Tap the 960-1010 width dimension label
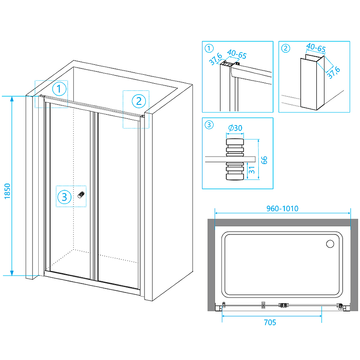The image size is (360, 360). [x=282, y=208]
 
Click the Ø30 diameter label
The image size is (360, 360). [x=235, y=128]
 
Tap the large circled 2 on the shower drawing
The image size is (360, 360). [x=139, y=100]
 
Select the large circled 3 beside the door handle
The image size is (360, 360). [x=65, y=197]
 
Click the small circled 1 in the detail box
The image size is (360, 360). [x=208, y=47]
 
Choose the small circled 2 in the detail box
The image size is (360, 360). [x=285, y=47]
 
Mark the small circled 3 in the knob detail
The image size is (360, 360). [x=208, y=125]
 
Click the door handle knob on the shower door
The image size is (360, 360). [x=81, y=194]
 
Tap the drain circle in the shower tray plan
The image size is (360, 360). [x=329, y=243]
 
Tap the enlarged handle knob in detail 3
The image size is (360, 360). [x=234, y=159]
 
